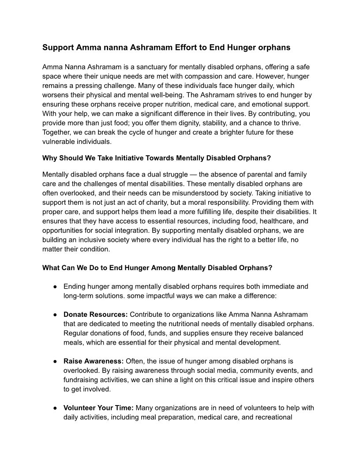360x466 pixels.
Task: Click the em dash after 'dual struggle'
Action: [x=192, y=174]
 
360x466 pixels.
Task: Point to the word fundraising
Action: [x=82, y=380]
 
